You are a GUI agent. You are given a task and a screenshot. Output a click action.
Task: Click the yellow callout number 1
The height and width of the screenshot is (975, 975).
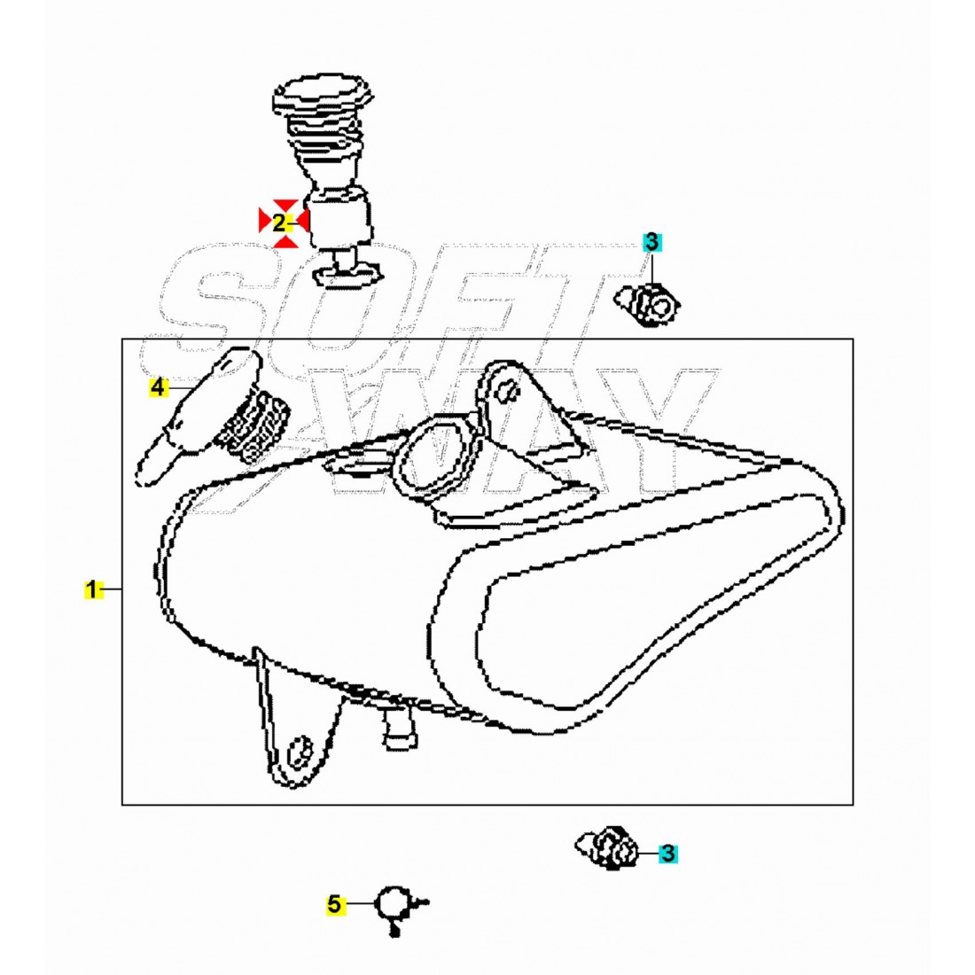[92, 589]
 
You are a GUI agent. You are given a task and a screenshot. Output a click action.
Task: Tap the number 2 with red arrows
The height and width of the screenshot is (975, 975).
[279, 222]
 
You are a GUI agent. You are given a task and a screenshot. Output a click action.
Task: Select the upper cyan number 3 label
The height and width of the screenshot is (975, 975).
[652, 242]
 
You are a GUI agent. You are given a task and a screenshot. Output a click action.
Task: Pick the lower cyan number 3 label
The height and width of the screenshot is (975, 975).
[667, 854]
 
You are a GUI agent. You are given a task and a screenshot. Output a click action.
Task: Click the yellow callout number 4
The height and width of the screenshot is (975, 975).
[159, 387]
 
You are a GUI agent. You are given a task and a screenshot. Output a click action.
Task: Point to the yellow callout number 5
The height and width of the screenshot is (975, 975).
[334, 904]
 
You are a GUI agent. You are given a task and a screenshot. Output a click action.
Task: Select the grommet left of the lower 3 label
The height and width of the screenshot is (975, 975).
[606, 846]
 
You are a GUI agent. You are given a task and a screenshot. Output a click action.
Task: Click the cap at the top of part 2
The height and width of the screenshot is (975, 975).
[324, 97]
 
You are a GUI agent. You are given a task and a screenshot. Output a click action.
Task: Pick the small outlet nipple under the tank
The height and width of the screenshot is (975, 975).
[400, 728]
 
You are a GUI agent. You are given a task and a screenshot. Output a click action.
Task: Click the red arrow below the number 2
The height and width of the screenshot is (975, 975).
[285, 240]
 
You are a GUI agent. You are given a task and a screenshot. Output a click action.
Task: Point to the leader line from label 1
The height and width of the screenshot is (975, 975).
[112, 589]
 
